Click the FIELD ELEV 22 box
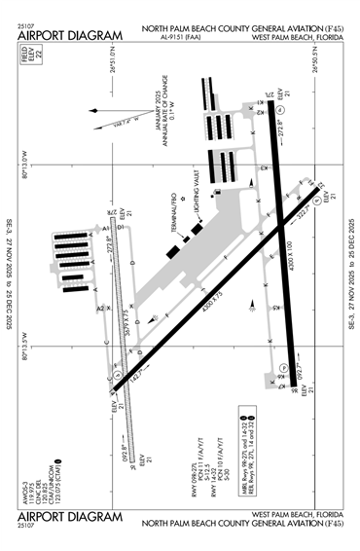(24, 71)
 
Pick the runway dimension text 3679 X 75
(129, 316)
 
